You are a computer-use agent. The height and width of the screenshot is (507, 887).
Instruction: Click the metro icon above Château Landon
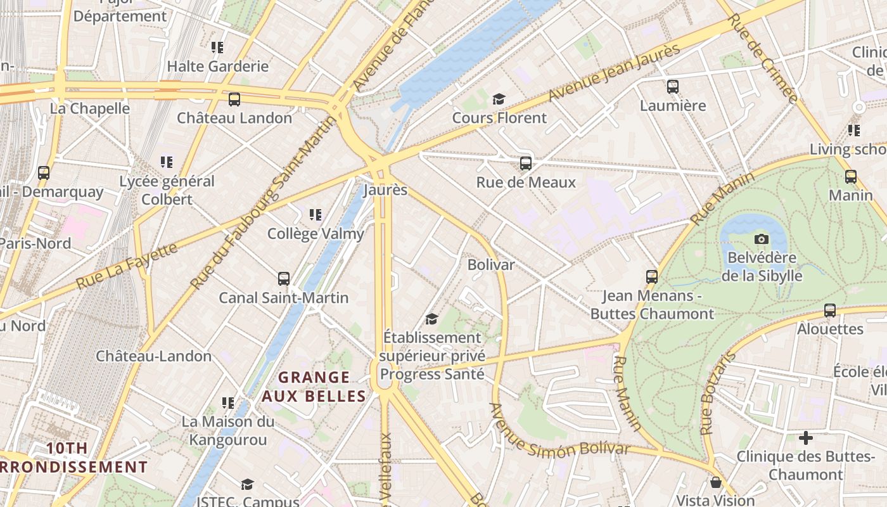(x=234, y=99)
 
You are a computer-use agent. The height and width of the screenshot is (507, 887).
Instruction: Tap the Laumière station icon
(x=673, y=87)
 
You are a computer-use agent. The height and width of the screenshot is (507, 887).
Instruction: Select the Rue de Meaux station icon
(x=526, y=164)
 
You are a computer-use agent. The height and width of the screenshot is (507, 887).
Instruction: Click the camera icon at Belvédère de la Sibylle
(x=762, y=239)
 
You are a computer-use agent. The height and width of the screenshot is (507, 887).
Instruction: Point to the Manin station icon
(x=851, y=176)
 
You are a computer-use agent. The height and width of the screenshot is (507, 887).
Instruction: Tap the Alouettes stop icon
(x=830, y=311)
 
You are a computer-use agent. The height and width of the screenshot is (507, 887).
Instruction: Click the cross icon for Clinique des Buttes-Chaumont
(x=805, y=438)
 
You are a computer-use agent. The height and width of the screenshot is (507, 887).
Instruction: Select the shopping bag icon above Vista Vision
(x=715, y=482)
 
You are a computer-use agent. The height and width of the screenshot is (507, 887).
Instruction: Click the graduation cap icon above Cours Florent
(x=499, y=99)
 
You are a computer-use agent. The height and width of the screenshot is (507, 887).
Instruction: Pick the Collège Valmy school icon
(x=316, y=215)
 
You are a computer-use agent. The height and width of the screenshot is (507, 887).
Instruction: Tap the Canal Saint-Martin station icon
(x=284, y=279)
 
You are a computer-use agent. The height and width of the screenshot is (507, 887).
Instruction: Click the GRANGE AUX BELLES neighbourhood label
(x=314, y=387)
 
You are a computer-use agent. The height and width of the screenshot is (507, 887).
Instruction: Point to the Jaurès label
(x=385, y=190)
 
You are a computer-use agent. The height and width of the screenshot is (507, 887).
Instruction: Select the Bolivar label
(x=491, y=264)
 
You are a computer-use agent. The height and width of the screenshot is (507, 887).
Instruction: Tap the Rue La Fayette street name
(x=127, y=266)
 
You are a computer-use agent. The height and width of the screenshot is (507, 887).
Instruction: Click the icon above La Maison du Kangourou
(x=228, y=402)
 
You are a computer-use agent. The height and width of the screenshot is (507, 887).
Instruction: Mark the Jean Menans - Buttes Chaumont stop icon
(x=652, y=277)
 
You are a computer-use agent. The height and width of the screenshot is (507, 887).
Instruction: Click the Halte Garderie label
(x=217, y=66)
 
